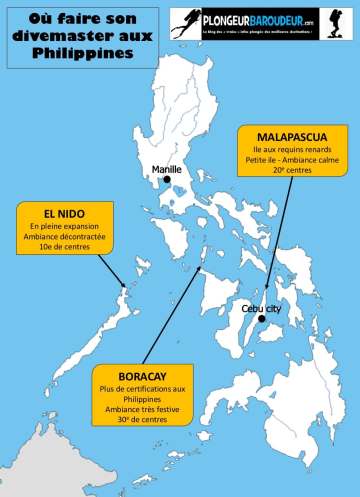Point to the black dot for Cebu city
pos(259,320)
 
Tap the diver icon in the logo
pos(184,22)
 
